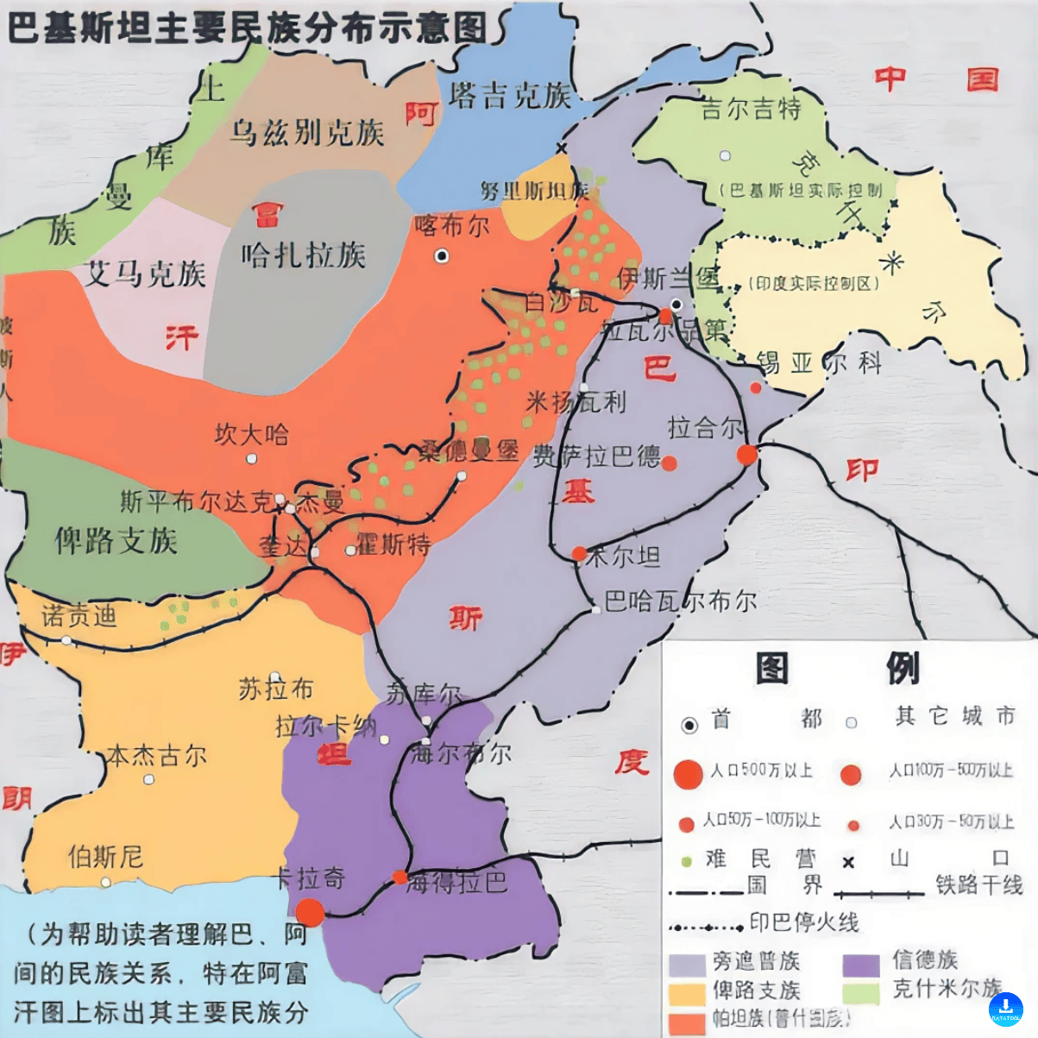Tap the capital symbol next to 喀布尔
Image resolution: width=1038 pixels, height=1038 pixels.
(x=442, y=255)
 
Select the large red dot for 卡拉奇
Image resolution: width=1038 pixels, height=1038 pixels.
(x=310, y=912)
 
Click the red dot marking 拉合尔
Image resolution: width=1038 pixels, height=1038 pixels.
(x=746, y=455)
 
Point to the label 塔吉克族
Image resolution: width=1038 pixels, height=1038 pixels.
(x=510, y=96)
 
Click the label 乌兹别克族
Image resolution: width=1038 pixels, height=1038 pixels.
(x=306, y=133)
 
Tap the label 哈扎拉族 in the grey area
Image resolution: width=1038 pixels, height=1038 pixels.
(x=303, y=255)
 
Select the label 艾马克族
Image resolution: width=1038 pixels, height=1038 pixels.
(x=145, y=274)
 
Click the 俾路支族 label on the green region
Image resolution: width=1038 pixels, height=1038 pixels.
(x=116, y=541)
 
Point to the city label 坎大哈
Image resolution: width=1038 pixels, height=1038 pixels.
(x=252, y=434)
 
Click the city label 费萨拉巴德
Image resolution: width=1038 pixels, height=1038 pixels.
(x=595, y=456)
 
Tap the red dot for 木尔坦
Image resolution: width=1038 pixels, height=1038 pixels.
(x=579, y=553)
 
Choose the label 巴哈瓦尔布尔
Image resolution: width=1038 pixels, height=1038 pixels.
(x=680, y=601)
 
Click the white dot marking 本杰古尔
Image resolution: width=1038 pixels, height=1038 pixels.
(x=148, y=779)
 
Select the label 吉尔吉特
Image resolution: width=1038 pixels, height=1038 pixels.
(x=751, y=109)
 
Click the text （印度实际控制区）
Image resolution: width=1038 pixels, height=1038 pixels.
(x=813, y=283)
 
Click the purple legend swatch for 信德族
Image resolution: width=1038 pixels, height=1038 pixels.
(x=860, y=963)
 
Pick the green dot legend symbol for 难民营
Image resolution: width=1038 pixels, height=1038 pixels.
(x=687, y=860)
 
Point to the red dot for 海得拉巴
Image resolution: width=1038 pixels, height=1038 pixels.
(x=399, y=877)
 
